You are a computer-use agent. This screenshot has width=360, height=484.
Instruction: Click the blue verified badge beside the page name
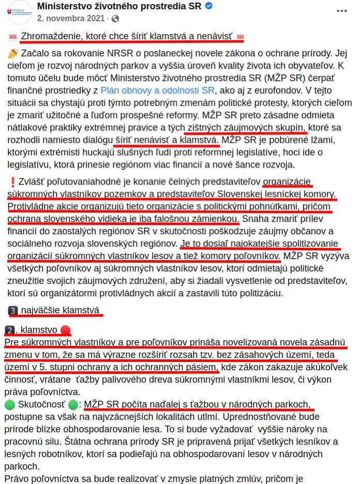[208, 6]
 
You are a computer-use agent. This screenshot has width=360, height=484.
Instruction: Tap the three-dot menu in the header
[342, 10]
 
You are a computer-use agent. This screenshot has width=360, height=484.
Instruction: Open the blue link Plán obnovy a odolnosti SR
[157, 90]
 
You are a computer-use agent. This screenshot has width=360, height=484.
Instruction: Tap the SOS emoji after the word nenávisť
[239, 37]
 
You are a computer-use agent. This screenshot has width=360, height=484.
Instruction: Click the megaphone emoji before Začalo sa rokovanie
[13, 53]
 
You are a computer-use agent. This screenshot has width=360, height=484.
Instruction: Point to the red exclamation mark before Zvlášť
[12, 182]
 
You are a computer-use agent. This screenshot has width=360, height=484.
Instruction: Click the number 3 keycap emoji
[13, 311]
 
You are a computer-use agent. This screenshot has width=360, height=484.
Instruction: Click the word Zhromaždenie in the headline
[50, 37]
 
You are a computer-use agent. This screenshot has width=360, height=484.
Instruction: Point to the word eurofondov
[280, 90]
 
